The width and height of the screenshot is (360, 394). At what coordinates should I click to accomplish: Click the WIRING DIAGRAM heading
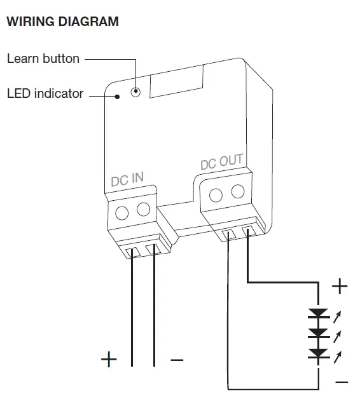coord(62,22)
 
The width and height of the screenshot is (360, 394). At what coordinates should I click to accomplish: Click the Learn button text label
coord(43,58)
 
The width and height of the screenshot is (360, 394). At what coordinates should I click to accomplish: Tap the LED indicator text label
coord(45,93)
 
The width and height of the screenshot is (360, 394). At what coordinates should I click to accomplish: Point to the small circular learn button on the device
coord(135,92)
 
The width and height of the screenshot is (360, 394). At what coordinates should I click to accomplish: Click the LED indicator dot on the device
coord(118,97)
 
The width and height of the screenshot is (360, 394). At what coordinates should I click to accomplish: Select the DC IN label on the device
coord(127,179)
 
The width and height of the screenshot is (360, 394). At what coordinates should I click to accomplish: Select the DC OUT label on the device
coord(221,162)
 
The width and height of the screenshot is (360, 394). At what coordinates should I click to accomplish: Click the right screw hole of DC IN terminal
coord(144,208)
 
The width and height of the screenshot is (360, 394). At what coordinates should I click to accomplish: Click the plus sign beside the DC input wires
coord(109,360)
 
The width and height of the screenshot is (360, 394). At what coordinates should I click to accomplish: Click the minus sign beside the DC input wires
coord(177,360)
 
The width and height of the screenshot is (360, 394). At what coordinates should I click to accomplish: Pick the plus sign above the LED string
coord(340,287)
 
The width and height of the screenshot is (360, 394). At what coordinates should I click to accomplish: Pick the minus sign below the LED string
coord(341,382)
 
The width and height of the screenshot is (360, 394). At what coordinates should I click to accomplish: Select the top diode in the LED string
coord(317,314)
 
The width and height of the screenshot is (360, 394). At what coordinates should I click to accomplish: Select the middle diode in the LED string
coord(317,333)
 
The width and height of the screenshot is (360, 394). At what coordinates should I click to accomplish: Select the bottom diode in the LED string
coord(317,353)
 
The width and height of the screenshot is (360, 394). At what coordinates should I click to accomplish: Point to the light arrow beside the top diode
coord(337,314)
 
